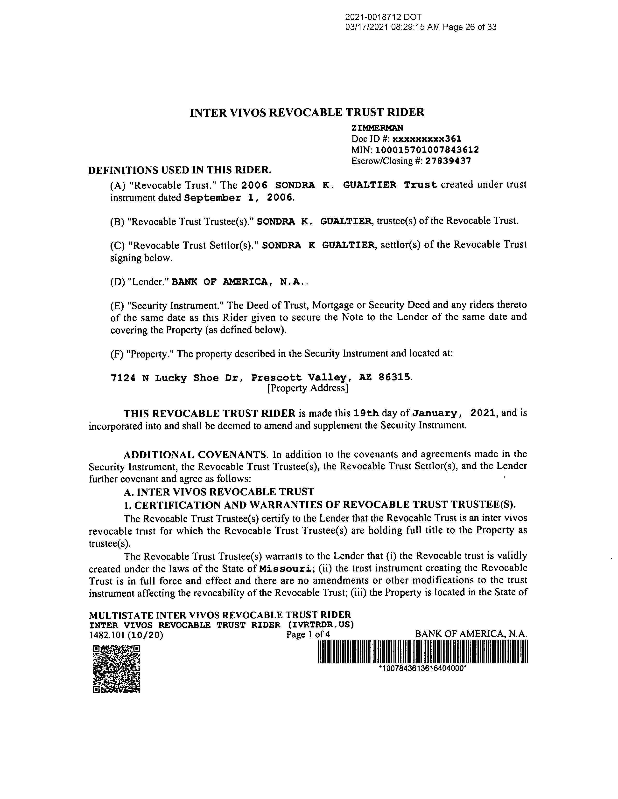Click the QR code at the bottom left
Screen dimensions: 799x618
coord(116,669)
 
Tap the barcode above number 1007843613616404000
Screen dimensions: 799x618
coord(423,653)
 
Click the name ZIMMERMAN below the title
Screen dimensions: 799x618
coord(377,128)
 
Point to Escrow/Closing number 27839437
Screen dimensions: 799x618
coord(448,161)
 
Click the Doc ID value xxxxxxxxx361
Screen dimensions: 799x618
coord(427,139)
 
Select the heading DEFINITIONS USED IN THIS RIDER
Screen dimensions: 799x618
coord(180,170)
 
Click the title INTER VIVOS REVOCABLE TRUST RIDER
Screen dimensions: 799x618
coord(307,112)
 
